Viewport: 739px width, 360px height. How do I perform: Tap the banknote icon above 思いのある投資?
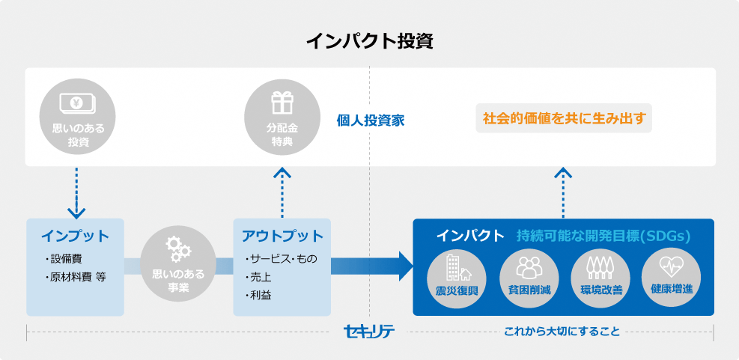78,103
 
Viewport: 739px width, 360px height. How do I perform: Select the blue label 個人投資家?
370,120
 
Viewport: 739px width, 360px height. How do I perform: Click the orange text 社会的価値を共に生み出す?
564,118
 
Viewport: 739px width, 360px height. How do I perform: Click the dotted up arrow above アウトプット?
282,192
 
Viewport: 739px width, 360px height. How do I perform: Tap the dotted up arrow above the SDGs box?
563,192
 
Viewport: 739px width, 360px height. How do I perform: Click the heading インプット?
75,236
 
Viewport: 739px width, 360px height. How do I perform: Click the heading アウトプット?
282,236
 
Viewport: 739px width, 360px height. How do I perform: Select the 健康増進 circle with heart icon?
671,274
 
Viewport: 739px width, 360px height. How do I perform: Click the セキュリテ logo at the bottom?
368,331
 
